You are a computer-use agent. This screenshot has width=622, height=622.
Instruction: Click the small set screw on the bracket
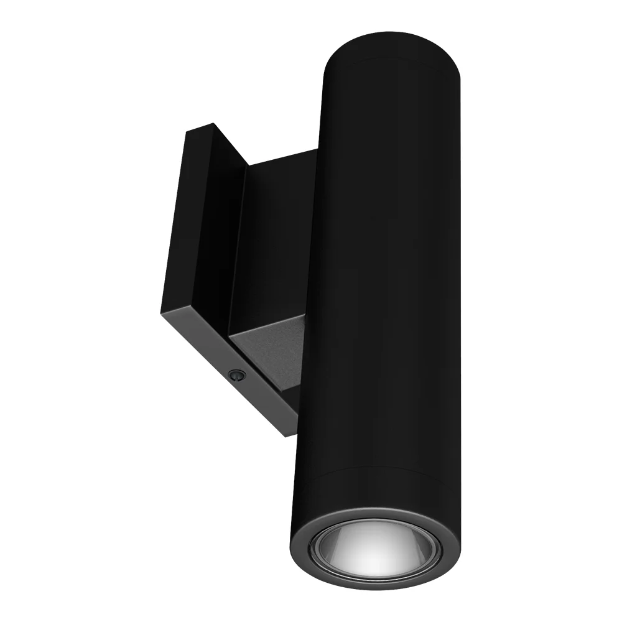(x=236, y=375)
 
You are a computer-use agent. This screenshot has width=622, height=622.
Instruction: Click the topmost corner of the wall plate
(x=213, y=124)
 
